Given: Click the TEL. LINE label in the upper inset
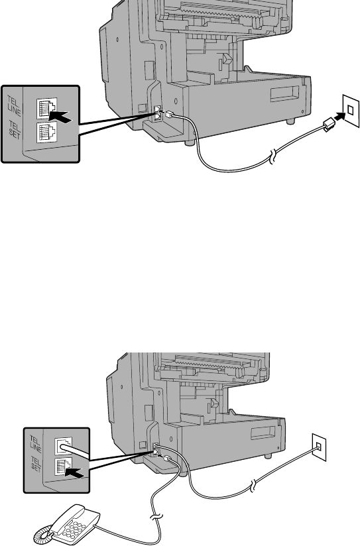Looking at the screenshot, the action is point(14,106).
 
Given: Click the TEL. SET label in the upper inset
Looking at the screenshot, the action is point(15,129).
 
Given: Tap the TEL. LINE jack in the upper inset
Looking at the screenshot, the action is point(46,108).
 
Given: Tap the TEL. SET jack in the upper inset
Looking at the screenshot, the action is point(46,132).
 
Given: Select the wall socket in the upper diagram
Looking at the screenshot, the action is point(351,111).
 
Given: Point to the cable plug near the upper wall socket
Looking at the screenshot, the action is point(328,125).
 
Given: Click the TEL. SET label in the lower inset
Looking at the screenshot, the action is point(36,464).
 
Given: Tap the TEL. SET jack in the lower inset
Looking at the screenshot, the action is point(63,466).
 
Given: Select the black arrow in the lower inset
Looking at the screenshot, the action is point(74,473).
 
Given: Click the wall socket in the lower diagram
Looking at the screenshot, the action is point(319,447).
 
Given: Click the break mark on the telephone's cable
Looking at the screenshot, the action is point(156,516).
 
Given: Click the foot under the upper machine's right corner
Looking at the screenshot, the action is point(290,121).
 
